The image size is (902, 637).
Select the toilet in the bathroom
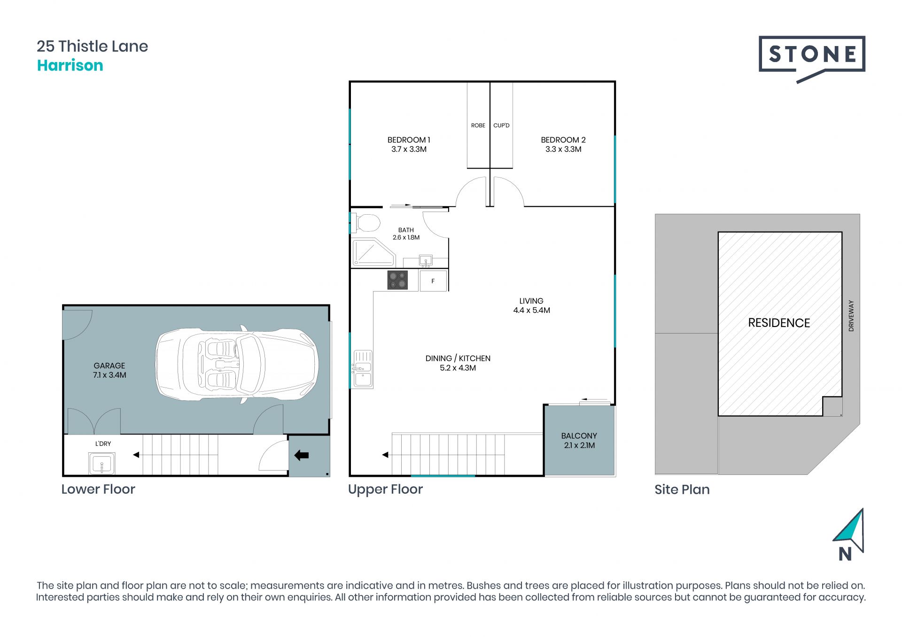pyautogui.click(x=366, y=223)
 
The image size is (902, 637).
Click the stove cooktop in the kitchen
pyautogui.click(x=397, y=280)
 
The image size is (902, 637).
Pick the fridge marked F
pyautogui.click(x=433, y=281)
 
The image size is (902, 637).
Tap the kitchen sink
pyautogui.click(x=363, y=369)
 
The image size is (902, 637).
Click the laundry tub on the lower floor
pyautogui.click(x=102, y=463)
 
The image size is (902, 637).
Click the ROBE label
pyautogui.click(x=478, y=125)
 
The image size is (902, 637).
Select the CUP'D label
pyautogui.click(x=501, y=125)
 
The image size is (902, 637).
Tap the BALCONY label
pyautogui.click(x=579, y=436)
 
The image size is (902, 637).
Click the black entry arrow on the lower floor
pyautogui.click(x=301, y=455)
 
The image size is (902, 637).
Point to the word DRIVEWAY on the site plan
pyautogui.click(x=851, y=316)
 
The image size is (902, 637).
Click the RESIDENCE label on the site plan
pyautogui.click(x=779, y=323)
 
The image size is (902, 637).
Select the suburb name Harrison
pyautogui.click(x=70, y=65)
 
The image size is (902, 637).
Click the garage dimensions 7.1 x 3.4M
pyautogui.click(x=109, y=375)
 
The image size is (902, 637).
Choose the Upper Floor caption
pyautogui.click(x=385, y=489)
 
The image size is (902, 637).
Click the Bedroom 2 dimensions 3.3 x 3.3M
pyautogui.click(x=563, y=149)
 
